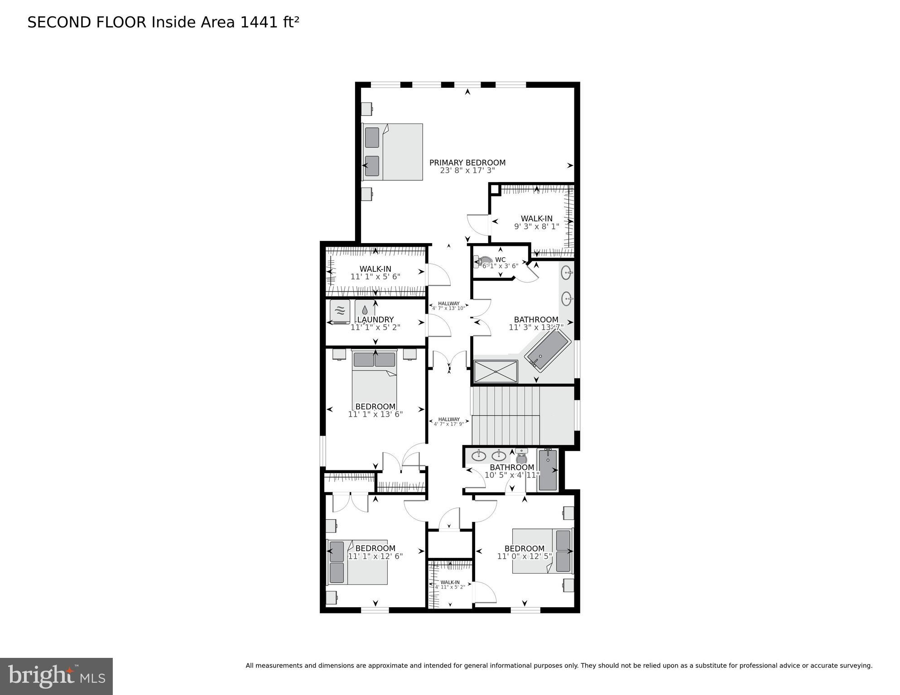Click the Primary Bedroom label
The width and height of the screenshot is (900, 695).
[x=467, y=163]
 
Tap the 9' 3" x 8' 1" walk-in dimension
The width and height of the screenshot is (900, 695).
[x=536, y=226]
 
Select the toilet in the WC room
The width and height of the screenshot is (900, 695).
[x=479, y=262]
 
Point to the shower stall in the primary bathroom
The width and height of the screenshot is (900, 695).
[x=496, y=371]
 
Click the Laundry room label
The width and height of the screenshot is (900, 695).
[x=375, y=320]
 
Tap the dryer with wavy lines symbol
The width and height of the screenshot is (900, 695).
[x=340, y=311]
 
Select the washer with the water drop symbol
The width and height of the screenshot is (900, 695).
[x=365, y=310]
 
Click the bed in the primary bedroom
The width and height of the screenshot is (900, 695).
[x=393, y=152]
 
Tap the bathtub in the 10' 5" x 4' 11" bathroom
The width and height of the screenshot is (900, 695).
[x=548, y=470]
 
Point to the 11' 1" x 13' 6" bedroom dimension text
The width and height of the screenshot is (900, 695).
[x=375, y=414]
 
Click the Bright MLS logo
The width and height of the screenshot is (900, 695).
[x=56, y=676]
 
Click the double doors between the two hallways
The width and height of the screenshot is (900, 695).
[x=449, y=361]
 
